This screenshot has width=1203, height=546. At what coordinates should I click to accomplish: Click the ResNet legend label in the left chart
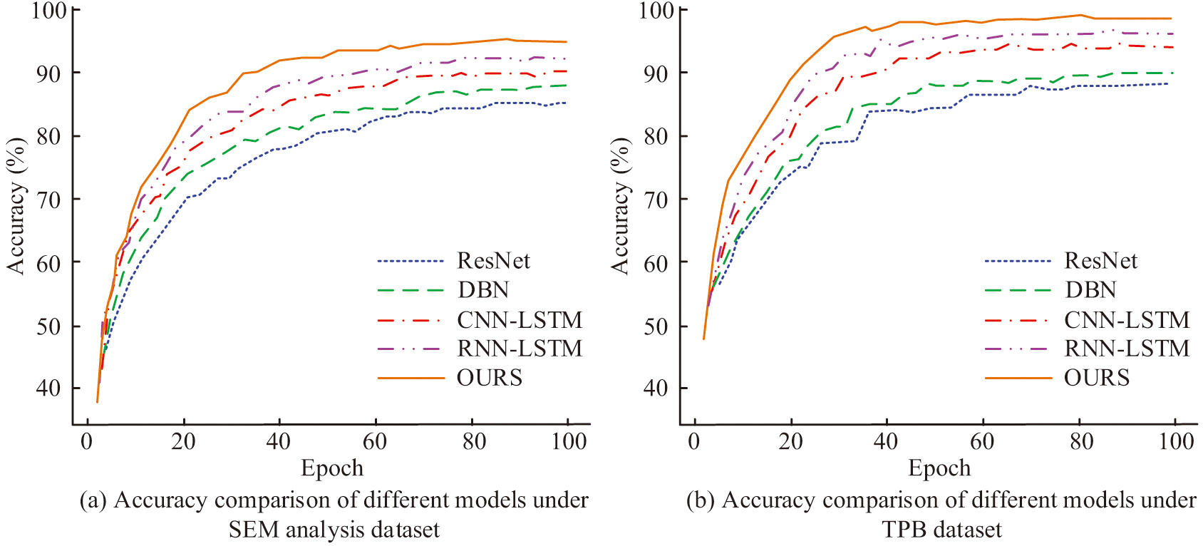493,261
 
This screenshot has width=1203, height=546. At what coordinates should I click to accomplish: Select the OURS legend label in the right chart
1097,377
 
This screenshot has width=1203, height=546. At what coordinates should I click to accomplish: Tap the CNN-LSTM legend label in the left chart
520,319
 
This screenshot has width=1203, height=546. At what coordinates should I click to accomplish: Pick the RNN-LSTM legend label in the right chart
1127,349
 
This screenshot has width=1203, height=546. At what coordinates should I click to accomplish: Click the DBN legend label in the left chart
483,290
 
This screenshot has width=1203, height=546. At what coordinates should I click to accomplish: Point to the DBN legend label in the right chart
1090,290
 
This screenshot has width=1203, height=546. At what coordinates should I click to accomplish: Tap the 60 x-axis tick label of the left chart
375,441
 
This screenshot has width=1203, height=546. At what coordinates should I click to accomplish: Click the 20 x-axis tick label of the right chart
790,441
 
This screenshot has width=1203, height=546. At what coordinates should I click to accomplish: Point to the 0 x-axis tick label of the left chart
86,441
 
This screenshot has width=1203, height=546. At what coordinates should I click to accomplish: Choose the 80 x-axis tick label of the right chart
1081,441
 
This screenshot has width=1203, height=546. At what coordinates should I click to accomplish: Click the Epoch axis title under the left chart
332,468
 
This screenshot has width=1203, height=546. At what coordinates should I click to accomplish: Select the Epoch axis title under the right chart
939,468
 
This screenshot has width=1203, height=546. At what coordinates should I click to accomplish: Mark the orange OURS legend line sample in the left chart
411,377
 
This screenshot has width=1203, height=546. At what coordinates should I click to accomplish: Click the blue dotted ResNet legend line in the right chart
1018,261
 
